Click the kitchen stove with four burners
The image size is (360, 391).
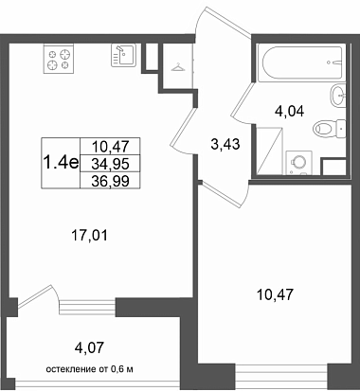point(59,59)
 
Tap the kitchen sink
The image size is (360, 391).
point(123,55)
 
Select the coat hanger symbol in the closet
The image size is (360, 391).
point(177,67)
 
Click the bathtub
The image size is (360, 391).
point(300,64)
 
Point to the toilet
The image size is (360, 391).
point(329,129)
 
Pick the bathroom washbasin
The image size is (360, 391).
point(338,95)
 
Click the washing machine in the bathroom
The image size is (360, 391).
point(298,163)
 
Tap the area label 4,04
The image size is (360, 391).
point(289,112)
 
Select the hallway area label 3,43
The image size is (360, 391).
point(225,145)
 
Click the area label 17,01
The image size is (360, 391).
point(90,236)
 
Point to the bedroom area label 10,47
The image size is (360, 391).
point(276,295)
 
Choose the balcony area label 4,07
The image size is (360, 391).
point(89,348)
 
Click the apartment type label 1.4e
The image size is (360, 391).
point(61,163)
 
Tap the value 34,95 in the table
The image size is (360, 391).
point(110,164)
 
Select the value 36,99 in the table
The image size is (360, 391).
point(110,181)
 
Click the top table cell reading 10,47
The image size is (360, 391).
point(110,147)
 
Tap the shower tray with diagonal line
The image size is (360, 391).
point(269,151)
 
